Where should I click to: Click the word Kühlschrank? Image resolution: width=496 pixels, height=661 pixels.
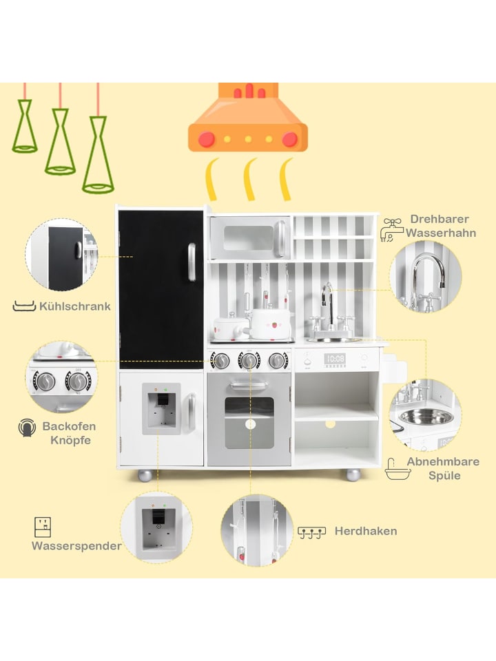point(74,306)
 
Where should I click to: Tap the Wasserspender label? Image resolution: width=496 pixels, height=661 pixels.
point(76,546)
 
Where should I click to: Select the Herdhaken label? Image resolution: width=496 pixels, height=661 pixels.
point(366,531)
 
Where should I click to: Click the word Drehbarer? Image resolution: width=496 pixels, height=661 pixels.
point(440,219)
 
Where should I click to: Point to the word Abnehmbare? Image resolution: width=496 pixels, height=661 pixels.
point(443,461)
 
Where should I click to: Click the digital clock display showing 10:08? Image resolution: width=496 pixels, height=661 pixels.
point(335,359)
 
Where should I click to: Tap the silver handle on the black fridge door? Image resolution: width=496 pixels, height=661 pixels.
point(192,262)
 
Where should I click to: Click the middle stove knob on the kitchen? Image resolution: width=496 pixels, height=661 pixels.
point(249,360)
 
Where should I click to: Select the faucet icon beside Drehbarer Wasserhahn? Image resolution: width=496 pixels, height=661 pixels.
point(391,230)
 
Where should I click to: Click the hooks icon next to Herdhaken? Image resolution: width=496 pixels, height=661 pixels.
point(311,532)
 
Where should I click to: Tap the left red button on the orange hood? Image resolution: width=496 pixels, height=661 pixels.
point(207,139)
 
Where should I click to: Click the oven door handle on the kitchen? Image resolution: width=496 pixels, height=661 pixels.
point(249,384)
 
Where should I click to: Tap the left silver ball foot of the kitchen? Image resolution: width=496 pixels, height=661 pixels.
point(145,474)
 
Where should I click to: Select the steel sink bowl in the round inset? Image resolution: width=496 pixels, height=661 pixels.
point(426,417)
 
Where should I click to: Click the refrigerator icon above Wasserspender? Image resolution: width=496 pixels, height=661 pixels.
point(43,527)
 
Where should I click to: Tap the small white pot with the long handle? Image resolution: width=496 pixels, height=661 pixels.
point(228,328)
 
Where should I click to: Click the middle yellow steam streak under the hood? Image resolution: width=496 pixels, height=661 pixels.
point(250,179)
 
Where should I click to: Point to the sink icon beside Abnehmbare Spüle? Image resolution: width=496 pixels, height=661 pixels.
point(397,469)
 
